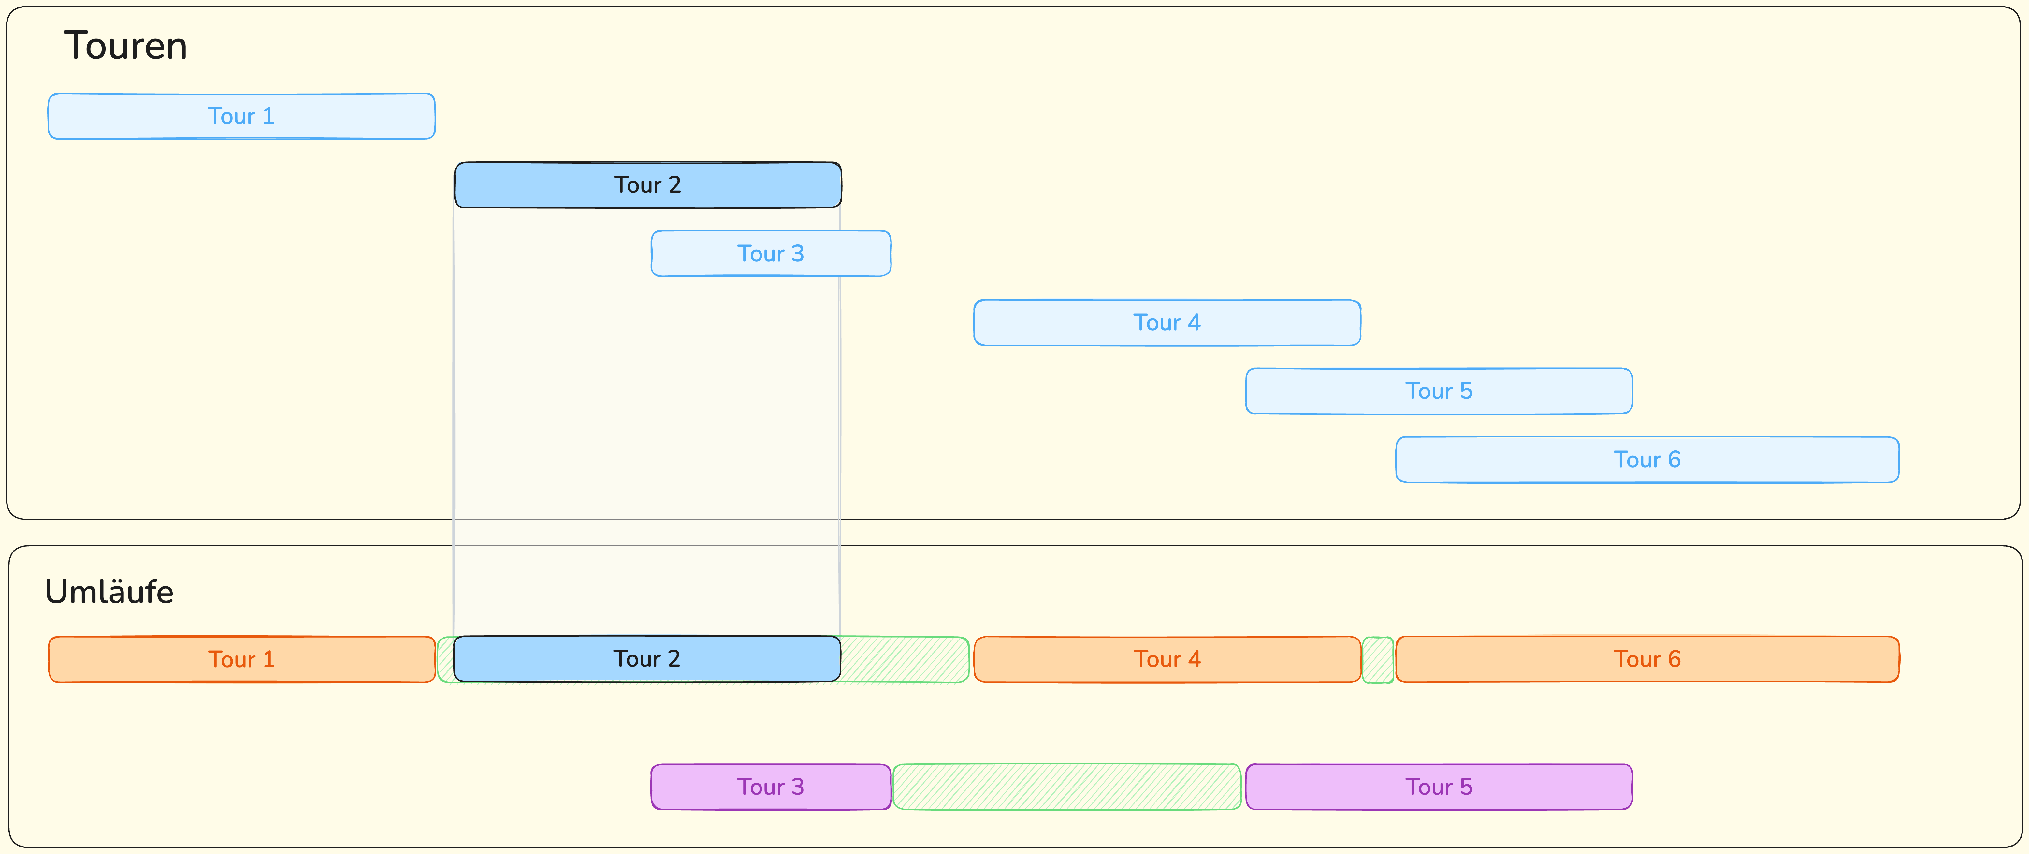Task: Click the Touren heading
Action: (x=125, y=46)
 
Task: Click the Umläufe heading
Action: (x=109, y=592)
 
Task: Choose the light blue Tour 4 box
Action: (x=1167, y=322)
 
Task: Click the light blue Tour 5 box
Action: (x=1439, y=391)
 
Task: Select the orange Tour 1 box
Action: (x=242, y=659)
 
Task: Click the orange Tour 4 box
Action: (x=1167, y=659)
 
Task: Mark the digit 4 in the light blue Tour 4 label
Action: (x=1194, y=322)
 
